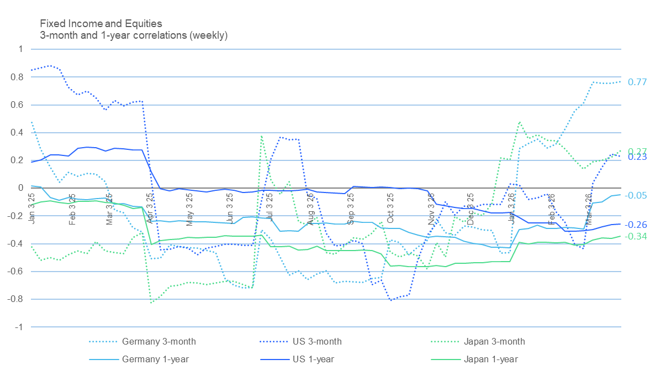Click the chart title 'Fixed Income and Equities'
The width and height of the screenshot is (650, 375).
(101, 24)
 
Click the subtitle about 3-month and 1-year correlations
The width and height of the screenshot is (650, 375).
(134, 35)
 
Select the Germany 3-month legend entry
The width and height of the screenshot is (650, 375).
(158, 341)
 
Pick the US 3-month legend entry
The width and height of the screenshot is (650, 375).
(317, 341)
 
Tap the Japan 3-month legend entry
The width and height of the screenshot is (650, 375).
(493, 341)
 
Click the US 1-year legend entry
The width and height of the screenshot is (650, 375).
(313, 360)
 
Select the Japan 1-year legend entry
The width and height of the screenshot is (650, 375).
(490, 360)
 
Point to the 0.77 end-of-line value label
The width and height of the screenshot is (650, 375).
(637, 82)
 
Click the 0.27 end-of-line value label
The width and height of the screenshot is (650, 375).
(637, 151)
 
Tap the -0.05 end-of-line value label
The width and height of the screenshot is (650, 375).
(636, 196)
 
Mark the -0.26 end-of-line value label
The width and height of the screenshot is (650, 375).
(636, 225)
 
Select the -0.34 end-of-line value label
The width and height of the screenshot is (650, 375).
(636, 237)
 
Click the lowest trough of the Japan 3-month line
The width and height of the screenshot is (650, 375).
(151, 303)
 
